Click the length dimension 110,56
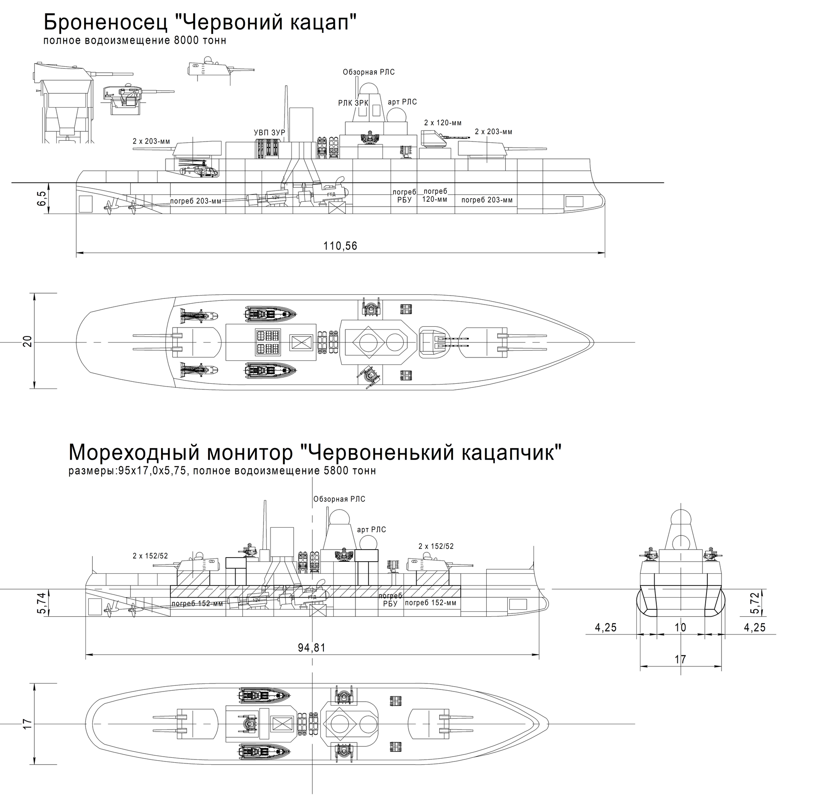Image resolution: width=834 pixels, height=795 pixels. (340, 246)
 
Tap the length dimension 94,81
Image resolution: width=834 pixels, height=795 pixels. (311, 647)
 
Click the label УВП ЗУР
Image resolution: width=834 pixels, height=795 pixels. (269, 133)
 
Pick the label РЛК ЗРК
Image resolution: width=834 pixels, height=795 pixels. (353, 103)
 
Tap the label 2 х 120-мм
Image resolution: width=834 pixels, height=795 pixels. (443, 123)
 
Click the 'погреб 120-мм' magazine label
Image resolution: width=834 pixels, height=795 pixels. (435, 195)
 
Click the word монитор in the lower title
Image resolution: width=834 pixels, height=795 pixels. (249, 452)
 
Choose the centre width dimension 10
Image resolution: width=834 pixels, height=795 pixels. (680, 628)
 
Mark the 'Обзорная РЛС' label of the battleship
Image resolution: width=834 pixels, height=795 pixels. (369, 72)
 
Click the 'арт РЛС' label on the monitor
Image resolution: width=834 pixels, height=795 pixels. (371, 530)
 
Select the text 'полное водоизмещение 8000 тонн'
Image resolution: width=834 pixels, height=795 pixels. (134, 41)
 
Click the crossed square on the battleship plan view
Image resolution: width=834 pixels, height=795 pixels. (301, 343)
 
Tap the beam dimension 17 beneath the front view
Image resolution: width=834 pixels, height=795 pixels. (680, 660)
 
